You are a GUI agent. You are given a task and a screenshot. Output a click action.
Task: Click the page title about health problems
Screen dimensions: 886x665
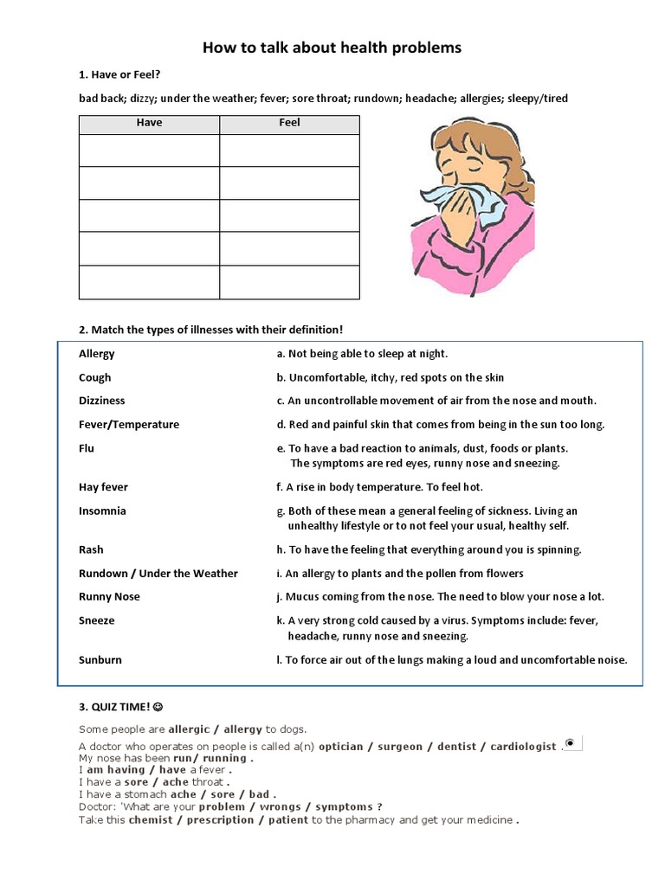click(x=332, y=48)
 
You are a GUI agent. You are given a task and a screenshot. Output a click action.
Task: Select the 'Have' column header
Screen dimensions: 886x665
click(x=149, y=123)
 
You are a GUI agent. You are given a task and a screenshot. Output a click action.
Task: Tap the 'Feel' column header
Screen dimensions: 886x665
click(x=289, y=123)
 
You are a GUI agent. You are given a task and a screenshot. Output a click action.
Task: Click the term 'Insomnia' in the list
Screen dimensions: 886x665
click(x=102, y=510)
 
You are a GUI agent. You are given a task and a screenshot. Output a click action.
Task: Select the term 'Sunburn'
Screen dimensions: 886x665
click(x=100, y=659)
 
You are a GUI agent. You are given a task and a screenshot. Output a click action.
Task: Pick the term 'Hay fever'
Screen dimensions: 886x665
click(x=103, y=487)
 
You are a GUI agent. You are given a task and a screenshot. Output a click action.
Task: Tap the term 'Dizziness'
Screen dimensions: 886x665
click(x=101, y=401)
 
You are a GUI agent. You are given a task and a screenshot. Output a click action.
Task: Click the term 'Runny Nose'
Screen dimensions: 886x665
click(x=109, y=596)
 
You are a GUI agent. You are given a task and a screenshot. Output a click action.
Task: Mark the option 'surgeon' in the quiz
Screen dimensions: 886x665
click(x=400, y=746)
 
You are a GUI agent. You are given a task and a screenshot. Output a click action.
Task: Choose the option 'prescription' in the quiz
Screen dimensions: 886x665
click(x=221, y=819)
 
